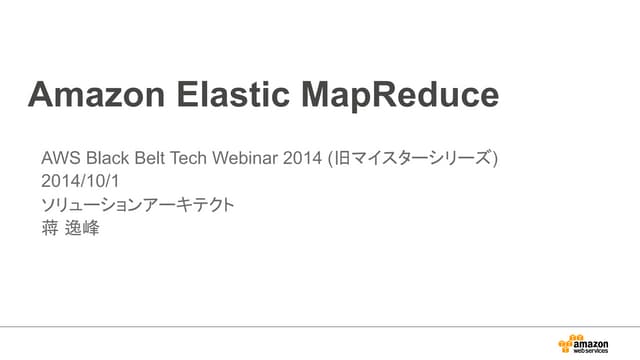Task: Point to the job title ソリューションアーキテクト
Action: pos(138,205)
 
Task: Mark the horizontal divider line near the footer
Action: pos(320,326)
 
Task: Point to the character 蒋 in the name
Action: pos(50,229)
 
